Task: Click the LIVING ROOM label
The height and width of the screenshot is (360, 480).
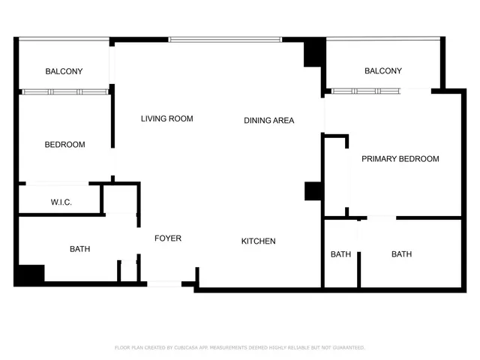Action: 167,118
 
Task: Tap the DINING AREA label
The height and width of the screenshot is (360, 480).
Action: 268,120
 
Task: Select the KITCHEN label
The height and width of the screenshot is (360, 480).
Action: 258,241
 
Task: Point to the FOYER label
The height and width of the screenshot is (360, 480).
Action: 168,238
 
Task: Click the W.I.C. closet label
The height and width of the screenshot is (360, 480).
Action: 61,202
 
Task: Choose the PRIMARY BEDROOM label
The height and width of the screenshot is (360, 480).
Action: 400,159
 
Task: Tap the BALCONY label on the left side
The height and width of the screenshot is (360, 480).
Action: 64,71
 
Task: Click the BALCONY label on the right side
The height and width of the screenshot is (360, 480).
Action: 382,71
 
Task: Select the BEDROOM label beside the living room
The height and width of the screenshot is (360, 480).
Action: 64,145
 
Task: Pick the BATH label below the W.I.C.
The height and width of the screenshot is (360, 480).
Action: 80,249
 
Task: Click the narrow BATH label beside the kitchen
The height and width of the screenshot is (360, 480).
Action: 340,254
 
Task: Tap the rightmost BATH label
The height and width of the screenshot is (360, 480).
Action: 401,254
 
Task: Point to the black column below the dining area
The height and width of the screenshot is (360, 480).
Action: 313,191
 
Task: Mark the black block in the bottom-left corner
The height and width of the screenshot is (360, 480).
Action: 30,275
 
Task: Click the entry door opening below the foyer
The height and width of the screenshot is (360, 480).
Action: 164,283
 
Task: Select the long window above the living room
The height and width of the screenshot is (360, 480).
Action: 225,39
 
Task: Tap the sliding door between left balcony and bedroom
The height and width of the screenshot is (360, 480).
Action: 65,91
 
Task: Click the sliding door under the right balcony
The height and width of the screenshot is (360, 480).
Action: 367,91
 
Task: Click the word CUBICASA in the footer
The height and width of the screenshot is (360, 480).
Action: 189,348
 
